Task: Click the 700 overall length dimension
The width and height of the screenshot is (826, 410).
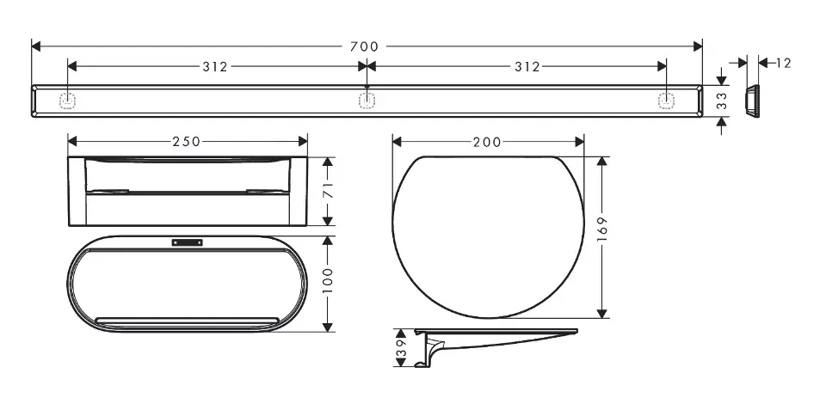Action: pyautogui.click(x=364, y=46)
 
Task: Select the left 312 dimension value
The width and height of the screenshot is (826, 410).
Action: pyautogui.click(x=215, y=67)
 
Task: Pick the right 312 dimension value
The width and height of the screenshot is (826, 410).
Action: pyautogui.click(x=527, y=67)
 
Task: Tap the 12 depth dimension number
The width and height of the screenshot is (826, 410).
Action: pyautogui.click(x=783, y=63)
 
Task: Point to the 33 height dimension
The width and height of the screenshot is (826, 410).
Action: pyautogui.click(x=722, y=101)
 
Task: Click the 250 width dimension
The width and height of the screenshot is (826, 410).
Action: pyautogui.click(x=187, y=142)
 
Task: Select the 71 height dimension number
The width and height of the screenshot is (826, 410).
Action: pyautogui.click(x=328, y=192)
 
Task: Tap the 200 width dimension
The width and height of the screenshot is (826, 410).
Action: pyautogui.click(x=487, y=142)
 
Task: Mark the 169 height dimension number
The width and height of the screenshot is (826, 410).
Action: pyautogui.click(x=602, y=229)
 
